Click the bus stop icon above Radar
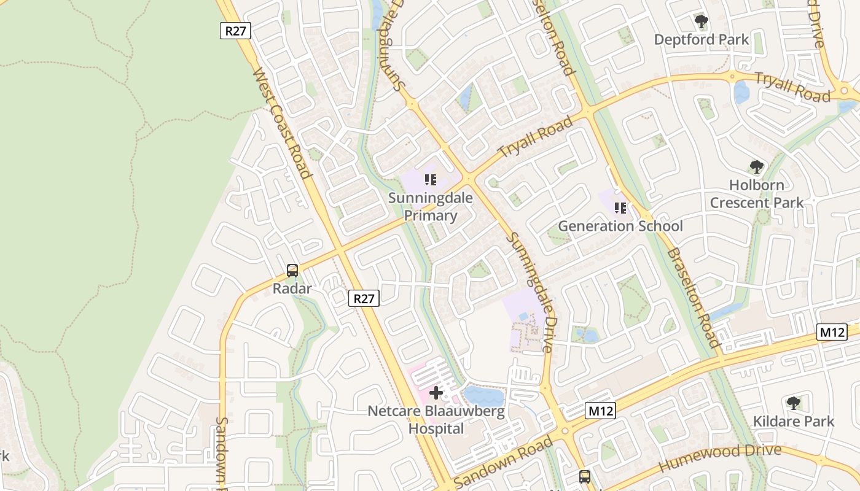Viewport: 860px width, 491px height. (x=292, y=270)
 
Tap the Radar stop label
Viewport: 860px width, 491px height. (x=293, y=288)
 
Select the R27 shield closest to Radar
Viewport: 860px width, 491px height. (x=364, y=298)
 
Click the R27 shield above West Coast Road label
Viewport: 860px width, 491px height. (x=235, y=31)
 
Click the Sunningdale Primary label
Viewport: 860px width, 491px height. (x=431, y=207)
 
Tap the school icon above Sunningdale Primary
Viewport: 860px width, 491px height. (x=431, y=180)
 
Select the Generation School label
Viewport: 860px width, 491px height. (x=620, y=226)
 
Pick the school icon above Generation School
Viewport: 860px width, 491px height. (x=620, y=208)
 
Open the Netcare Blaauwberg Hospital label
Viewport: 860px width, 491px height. (x=436, y=420)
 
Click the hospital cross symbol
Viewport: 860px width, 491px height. (x=436, y=393)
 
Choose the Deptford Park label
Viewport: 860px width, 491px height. (x=702, y=40)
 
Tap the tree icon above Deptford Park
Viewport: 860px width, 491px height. (x=702, y=23)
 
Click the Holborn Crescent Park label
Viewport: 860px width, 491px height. (x=757, y=193)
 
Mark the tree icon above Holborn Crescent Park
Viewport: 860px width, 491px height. (x=757, y=167)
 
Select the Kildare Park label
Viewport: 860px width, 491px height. (x=794, y=421)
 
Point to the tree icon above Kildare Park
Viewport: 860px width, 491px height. (x=794, y=403)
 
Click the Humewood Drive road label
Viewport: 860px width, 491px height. (x=719, y=458)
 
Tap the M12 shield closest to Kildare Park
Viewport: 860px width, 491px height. (x=832, y=332)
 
